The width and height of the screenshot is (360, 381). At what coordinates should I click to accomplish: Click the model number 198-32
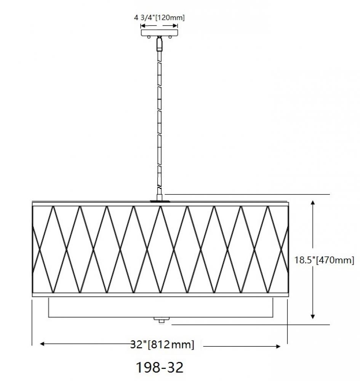pyautogui.click(x=160, y=367)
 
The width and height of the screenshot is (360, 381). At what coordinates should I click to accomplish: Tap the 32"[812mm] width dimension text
pyautogui.click(x=162, y=345)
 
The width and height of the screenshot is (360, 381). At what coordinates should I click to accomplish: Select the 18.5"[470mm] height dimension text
pyautogui.click(x=324, y=261)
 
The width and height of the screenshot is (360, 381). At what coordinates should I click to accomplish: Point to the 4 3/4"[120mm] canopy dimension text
pyautogui.click(x=159, y=18)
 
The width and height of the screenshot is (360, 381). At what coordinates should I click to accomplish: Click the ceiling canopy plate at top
pyautogui.click(x=159, y=33)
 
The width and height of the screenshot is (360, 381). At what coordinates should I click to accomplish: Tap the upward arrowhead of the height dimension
pyautogui.click(x=313, y=202)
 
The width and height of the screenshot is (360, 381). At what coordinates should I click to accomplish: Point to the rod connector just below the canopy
pyautogui.click(x=160, y=44)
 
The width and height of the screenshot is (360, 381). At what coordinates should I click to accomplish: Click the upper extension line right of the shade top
pyautogui.click(x=248, y=194)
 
